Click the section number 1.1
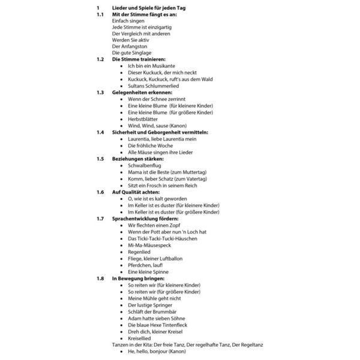pos(100,14)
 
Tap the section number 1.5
pos(100,158)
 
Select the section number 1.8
pos(100,278)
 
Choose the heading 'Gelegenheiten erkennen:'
pos(142,92)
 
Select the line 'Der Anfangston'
pos(130,46)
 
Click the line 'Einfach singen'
pos(128,20)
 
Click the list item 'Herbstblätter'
pos(143,119)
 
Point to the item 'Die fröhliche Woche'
pos(150,145)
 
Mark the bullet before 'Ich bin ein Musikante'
pos(122,66)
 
